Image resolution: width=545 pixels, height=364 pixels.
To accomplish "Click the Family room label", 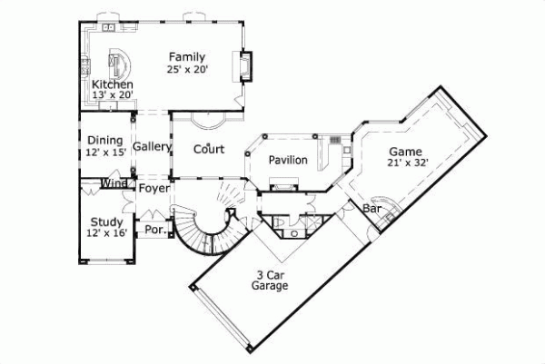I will pos(186,58).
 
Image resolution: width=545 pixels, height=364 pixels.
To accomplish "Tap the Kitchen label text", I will pos(99,84).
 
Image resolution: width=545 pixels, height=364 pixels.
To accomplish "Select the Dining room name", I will pos(105,140).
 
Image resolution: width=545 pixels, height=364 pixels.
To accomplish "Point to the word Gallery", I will pos(153,146).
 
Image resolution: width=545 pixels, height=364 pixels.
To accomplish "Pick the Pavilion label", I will pos(288,161).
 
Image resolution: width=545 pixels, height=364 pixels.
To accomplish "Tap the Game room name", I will pos(406,152).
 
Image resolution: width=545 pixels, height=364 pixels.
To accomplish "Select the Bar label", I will pos(372,209).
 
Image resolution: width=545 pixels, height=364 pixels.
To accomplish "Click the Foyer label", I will pos(154,190).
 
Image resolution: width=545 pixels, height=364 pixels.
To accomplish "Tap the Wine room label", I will pos(114,184).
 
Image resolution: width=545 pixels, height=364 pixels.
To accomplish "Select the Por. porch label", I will pos(154,230).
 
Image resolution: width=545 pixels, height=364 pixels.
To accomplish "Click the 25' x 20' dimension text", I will pos(186,70).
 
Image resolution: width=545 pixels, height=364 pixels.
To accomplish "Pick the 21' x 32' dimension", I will pos(406,163).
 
